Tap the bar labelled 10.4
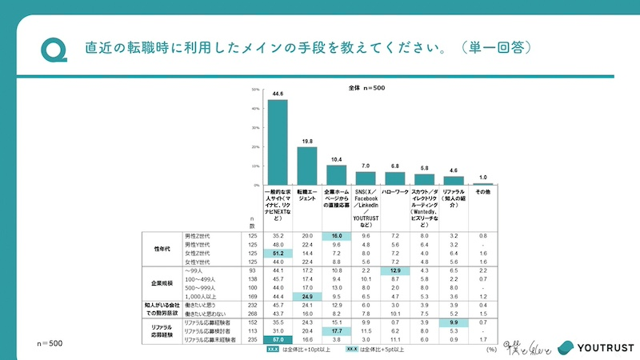click(336, 175)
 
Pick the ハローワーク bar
click(395, 178)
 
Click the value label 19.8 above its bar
click(306, 141)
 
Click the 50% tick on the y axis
click(255, 90)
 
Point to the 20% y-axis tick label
click(255, 146)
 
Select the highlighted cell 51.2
click(277, 253)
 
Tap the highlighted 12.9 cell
click(395, 271)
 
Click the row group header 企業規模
click(162, 283)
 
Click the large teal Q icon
click(54, 48)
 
